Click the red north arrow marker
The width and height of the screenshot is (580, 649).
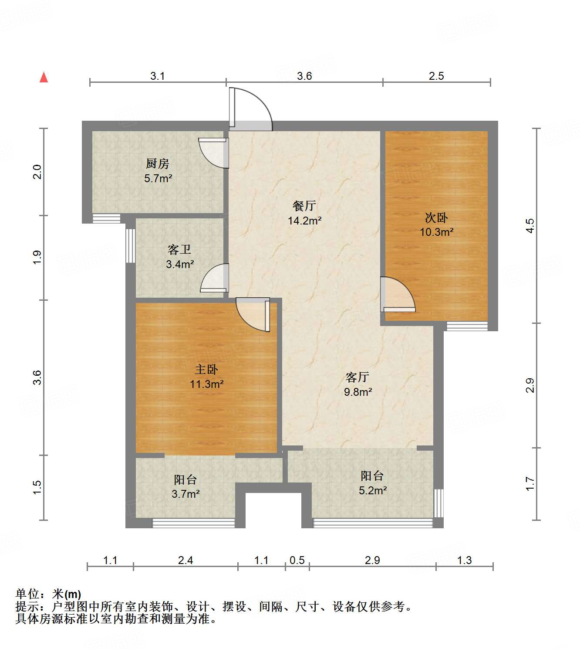44,78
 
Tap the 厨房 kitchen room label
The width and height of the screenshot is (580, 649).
158,164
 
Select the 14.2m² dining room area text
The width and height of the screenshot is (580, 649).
304,221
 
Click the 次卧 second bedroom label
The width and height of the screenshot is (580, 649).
436,217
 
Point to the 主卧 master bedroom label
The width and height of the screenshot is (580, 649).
206,370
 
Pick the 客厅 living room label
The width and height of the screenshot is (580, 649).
357,377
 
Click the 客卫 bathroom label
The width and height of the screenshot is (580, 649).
179,250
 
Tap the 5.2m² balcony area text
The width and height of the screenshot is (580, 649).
373,491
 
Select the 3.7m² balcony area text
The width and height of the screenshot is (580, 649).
185,494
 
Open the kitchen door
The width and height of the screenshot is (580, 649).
214,153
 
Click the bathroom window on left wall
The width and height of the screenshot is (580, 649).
130,245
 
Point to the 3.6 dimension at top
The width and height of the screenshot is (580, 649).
304,76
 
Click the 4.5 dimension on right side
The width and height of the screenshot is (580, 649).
530,226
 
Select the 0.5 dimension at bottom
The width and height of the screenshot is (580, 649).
297,561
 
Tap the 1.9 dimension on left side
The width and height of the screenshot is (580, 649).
37,257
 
